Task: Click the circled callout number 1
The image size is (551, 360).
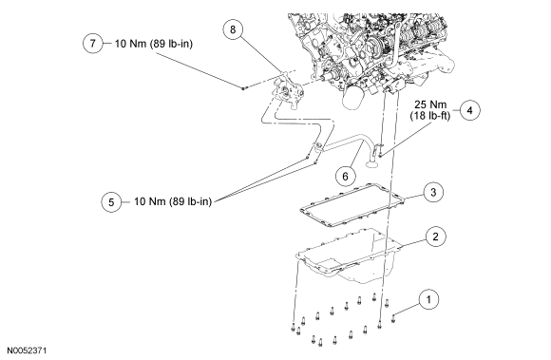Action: tap(428, 299)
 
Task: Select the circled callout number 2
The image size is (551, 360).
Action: tap(435, 237)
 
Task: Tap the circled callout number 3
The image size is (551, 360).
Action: tap(433, 192)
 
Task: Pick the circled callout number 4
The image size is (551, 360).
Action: tap(470, 110)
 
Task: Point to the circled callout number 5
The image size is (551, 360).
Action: tap(111, 202)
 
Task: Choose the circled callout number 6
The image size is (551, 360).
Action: tap(345, 176)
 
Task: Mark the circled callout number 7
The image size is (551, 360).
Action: tap(93, 43)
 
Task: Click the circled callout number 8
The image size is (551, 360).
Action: tap(233, 29)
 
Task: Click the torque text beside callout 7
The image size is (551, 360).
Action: tap(154, 44)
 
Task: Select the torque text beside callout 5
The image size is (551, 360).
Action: tap(173, 201)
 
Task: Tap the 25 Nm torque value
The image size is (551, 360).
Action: tap(430, 104)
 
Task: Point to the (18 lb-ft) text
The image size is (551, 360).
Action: tap(430, 116)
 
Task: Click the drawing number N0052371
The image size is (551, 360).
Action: tap(27, 351)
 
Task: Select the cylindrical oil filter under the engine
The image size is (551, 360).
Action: tap(353, 98)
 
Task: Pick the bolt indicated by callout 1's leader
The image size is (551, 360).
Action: tap(393, 318)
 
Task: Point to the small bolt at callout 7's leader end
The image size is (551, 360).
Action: tap(243, 87)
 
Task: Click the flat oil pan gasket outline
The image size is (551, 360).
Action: tap(352, 205)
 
